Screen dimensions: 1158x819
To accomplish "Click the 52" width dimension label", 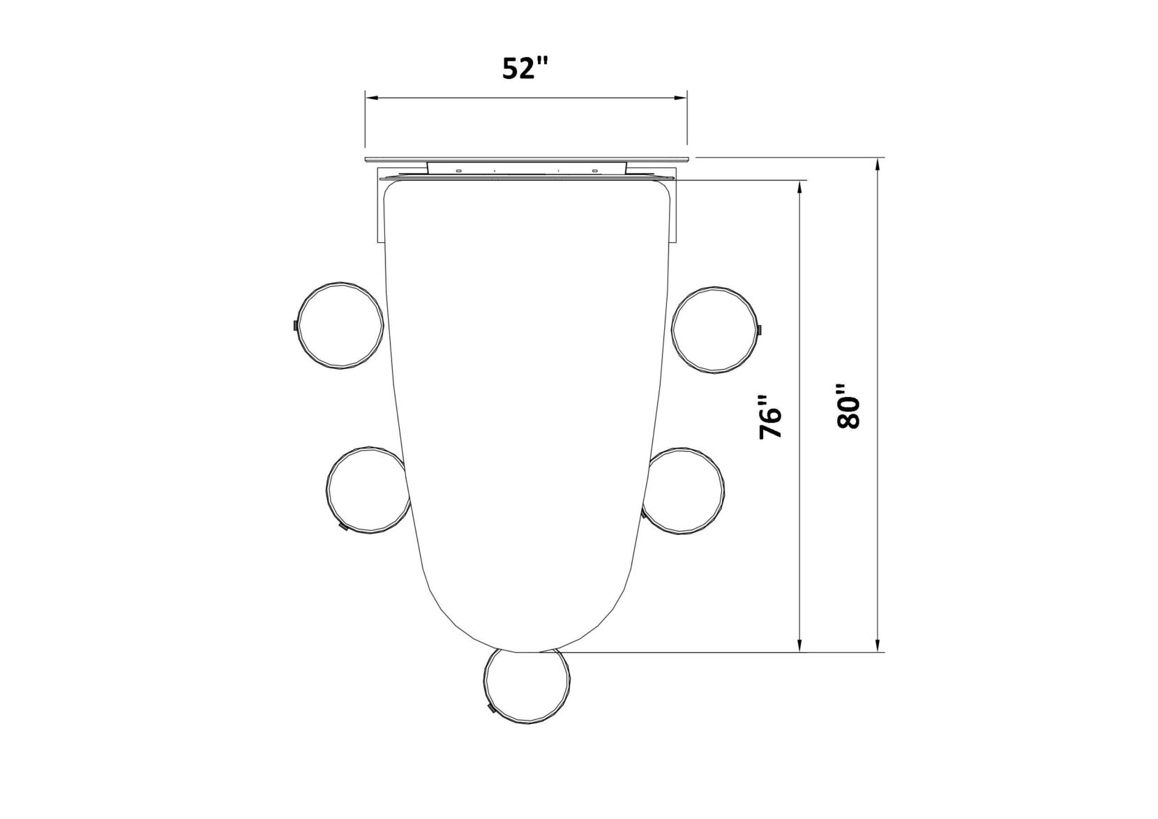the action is (x=525, y=68).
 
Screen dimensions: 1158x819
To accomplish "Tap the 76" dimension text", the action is (x=770, y=417).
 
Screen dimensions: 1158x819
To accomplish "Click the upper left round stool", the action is (x=341, y=325).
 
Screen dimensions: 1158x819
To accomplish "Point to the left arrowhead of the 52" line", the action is (x=372, y=97).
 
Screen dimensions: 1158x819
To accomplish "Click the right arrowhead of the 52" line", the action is (x=680, y=97).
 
